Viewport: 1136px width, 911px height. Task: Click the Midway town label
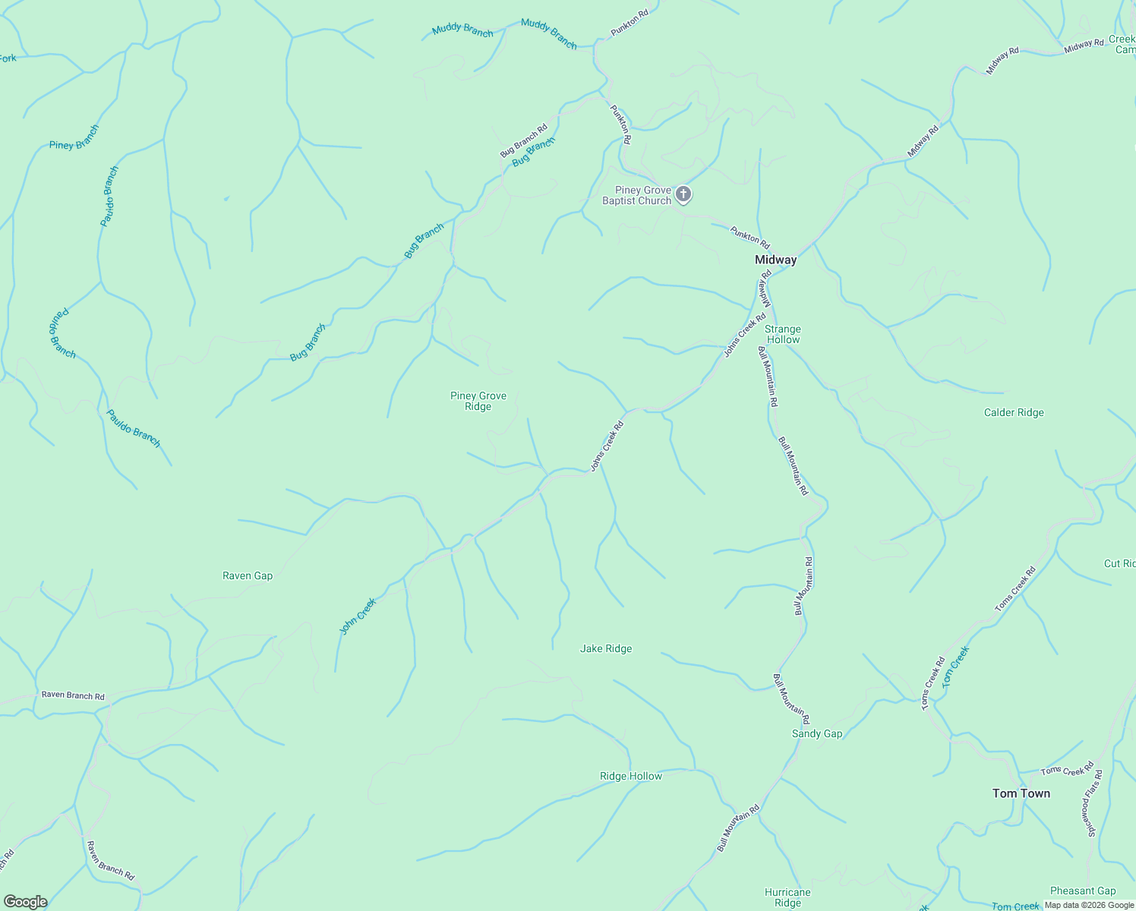pos(775,260)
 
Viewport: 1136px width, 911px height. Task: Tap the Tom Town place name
pos(1021,793)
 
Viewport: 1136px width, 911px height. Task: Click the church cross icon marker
pos(683,194)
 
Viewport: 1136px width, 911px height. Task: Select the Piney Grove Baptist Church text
pos(637,196)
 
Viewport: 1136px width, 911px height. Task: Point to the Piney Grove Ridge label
pos(478,401)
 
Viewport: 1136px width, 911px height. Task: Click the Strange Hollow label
pos(782,335)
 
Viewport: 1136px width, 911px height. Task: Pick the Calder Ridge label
pos(1014,413)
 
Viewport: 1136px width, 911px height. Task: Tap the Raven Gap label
pos(248,576)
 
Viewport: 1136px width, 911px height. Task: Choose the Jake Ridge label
pos(606,649)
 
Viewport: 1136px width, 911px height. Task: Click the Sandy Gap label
pos(817,734)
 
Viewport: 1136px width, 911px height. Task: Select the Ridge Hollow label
pos(631,777)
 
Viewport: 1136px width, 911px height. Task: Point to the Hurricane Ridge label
pos(787,897)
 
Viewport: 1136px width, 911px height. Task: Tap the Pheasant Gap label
pos(1083,891)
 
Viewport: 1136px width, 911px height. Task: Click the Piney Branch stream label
pos(74,137)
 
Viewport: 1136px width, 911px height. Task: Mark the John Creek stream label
pos(358,616)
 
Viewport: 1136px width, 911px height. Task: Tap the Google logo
pos(25,902)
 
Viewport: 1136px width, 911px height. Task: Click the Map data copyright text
pos(1088,905)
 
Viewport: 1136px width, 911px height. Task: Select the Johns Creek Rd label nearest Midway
pos(745,335)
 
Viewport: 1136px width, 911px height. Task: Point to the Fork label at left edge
pos(8,58)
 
